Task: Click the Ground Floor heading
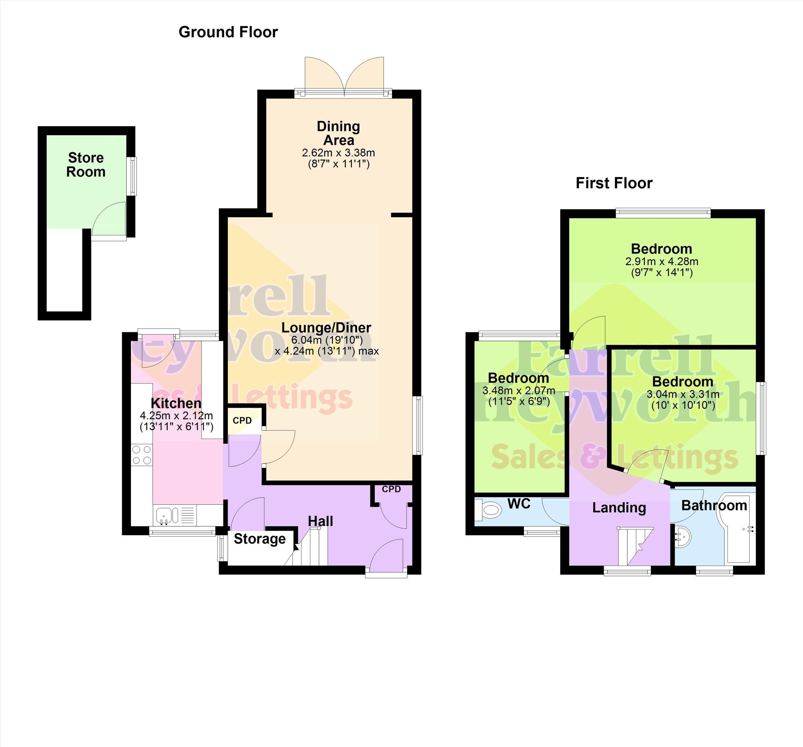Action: click(228, 32)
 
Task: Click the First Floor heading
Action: click(614, 183)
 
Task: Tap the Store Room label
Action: click(86, 165)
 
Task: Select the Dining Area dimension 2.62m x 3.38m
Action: click(338, 153)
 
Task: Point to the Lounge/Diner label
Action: click(326, 328)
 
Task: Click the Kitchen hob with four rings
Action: click(142, 455)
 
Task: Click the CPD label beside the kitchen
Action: click(242, 420)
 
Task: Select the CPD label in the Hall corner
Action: click(392, 489)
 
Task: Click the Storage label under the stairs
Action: click(260, 539)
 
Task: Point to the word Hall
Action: click(321, 521)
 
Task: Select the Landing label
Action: click(619, 508)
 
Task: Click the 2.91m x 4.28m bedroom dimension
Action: click(662, 261)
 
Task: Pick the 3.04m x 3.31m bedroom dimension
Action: click(683, 394)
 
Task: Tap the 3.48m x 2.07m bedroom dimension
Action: click(519, 391)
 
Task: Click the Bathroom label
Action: click(714, 505)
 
